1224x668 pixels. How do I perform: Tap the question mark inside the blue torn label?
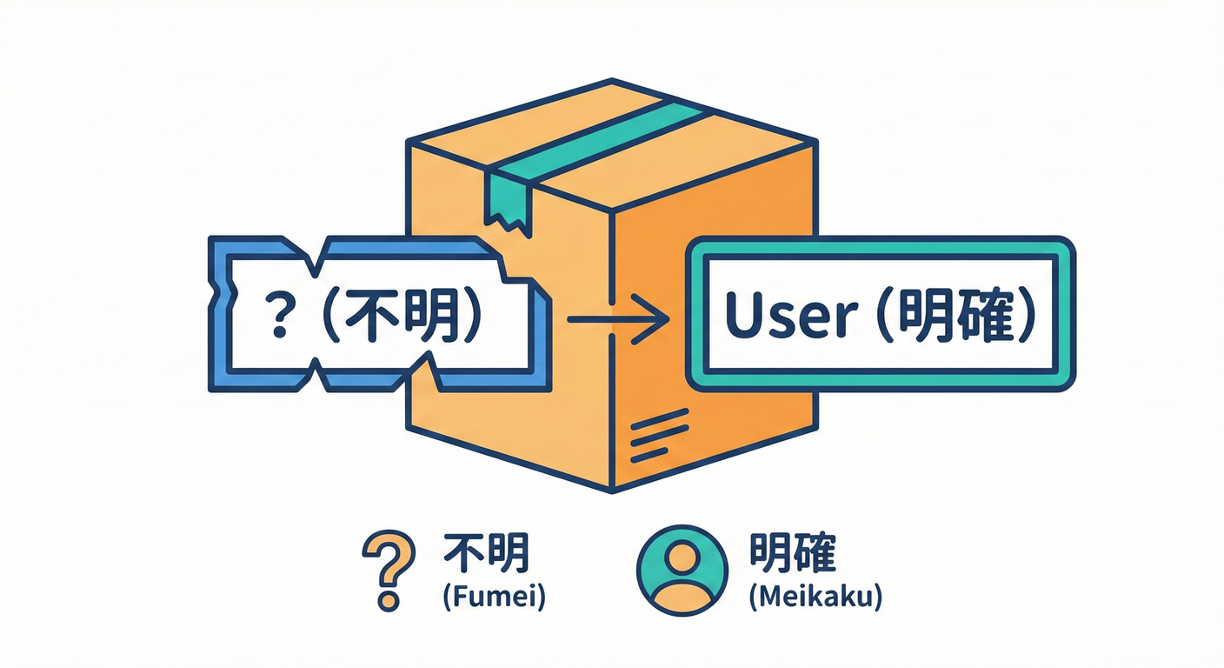click(x=280, y=318)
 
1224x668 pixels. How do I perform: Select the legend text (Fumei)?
click(x=493, y=599)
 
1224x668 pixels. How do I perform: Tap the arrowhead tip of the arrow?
click(x=666, y=320)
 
